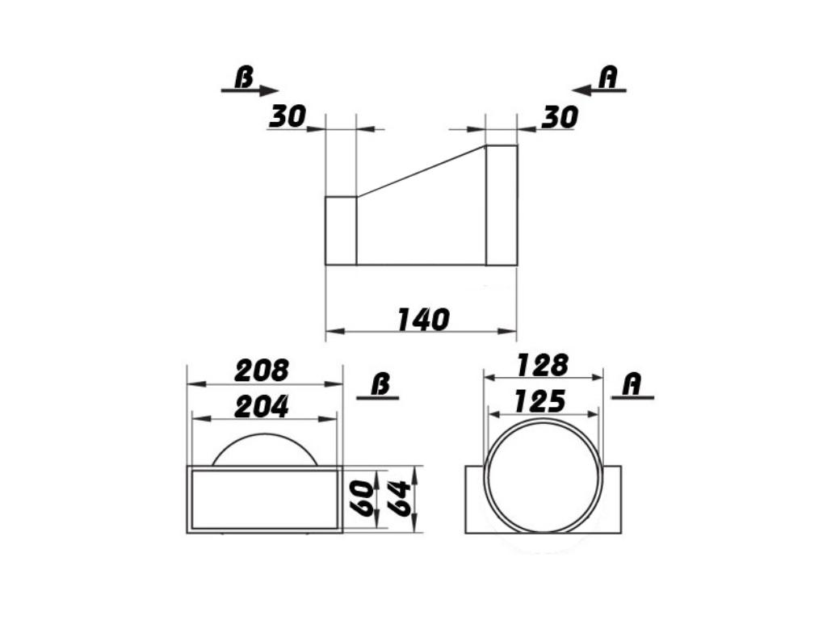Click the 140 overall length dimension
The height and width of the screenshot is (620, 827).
click(422, 320)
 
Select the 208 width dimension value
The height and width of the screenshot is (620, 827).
click(261, 371)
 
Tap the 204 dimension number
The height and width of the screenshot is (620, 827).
click(261, 407)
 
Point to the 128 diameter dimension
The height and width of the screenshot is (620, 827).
click(542, 365)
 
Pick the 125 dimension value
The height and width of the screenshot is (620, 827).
click(540, 401)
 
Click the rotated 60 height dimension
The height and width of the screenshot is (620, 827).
click(363, 499)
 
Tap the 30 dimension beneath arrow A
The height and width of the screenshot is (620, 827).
click(559, 118)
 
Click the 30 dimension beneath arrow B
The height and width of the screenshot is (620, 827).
click(287, 117)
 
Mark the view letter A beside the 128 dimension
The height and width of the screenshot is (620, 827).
click(632, 384)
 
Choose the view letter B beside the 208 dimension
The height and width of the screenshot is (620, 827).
click(380, 385)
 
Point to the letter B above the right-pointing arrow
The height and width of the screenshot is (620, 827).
click(243, 77)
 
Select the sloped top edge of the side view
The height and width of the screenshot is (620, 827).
click(421, 170)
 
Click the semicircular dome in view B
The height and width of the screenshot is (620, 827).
click(264, 450)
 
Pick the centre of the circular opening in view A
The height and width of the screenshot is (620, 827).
click(544, 475)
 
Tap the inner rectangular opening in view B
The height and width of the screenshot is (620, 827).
click(264, 500)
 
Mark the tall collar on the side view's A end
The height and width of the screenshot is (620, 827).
click(502, 205)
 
